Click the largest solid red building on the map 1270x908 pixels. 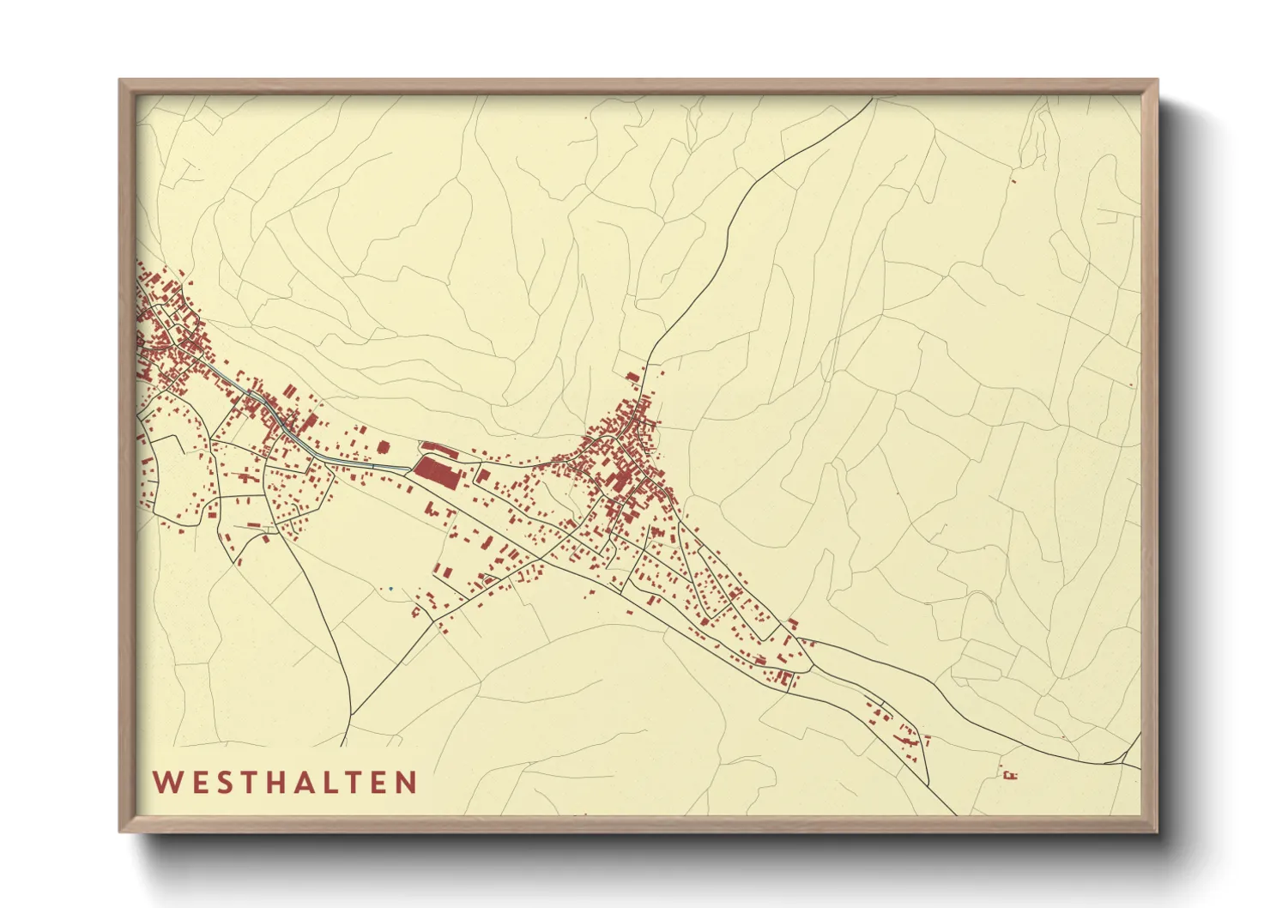tap(438, 472)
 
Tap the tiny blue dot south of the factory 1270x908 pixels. tap(390, 589)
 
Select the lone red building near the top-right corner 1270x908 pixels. tap(1013, 180)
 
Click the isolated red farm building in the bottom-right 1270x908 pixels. tap(1010, 776)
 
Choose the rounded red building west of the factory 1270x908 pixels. tap(384, 446)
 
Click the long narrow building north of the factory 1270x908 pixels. tap(438, 448)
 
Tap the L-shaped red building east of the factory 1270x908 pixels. tap(483, 475)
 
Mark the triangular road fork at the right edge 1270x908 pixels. tap(1126, 757)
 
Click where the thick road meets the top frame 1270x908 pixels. tap(873, 99)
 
